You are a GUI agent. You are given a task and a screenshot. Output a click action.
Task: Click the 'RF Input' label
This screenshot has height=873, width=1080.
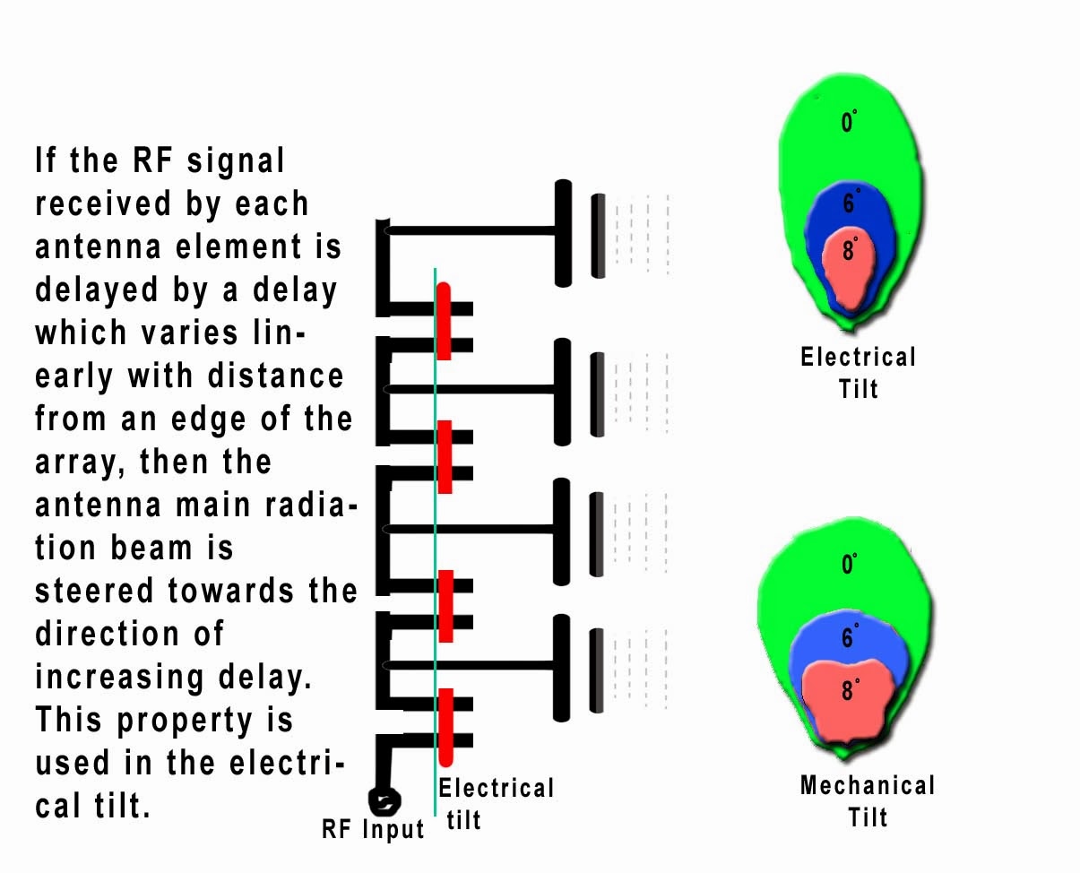pyautogui.click(x=373, y=830)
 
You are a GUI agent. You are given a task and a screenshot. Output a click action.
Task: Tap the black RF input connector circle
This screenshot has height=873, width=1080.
pyautogui.click(x=385, y=799)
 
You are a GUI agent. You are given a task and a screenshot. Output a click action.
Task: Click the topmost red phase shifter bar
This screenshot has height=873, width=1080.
pyautogui.click(x=443, y=321)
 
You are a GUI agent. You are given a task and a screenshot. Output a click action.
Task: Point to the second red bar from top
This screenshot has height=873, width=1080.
pyautogui.click(x=444, y=456)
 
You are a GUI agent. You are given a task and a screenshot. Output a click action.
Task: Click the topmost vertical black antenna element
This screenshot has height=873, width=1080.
pyautogui.click(x=563, y=233)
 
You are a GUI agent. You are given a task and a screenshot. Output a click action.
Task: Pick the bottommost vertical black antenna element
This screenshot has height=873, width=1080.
pyautogui.click(x=562, y=668)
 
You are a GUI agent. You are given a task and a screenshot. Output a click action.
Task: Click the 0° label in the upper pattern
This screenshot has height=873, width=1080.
pyautogui.click(x=849, y=121)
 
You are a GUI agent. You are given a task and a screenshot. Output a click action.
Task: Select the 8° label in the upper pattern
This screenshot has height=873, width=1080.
pyautogui.click(x=849, y=251)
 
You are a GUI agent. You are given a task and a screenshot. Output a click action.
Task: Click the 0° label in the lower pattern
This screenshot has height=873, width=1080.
pyautogui.click(x=849, y=565)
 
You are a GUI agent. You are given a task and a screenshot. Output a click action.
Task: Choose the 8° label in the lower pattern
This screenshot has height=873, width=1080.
pyautogui.click(x=849, y=689)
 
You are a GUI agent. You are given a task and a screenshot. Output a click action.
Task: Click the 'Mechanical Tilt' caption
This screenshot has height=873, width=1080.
pyautogui.click(x=867, y=801)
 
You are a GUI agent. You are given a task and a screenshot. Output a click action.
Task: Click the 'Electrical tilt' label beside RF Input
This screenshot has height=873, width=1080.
pyautogui.click(x=496, y=803)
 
